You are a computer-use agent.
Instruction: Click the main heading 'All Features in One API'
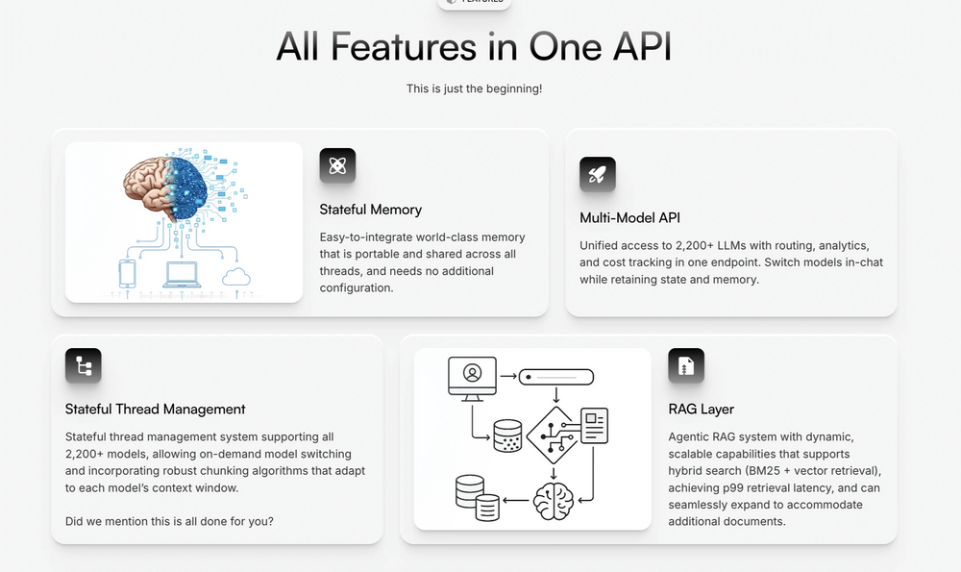474,46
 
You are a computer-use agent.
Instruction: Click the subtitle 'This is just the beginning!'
474,88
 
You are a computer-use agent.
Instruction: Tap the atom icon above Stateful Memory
337,165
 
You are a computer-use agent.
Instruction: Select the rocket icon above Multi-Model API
598,174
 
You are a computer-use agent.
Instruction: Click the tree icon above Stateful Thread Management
84,365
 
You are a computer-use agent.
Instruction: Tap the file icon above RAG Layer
686,365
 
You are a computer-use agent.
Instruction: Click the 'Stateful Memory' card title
371,210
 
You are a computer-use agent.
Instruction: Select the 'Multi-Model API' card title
630,217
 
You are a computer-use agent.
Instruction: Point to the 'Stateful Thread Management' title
155,409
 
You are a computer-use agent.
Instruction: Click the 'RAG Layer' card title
702,409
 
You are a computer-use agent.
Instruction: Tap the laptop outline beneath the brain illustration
182,275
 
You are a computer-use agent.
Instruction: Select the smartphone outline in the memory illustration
128,273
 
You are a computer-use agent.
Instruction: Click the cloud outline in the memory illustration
236,277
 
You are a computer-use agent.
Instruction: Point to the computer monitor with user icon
472,378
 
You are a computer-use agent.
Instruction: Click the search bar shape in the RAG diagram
556,377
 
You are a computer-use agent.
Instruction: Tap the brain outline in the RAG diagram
554,501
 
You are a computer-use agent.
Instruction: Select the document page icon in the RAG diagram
594,426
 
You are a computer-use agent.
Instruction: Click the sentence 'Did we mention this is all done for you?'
169,521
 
